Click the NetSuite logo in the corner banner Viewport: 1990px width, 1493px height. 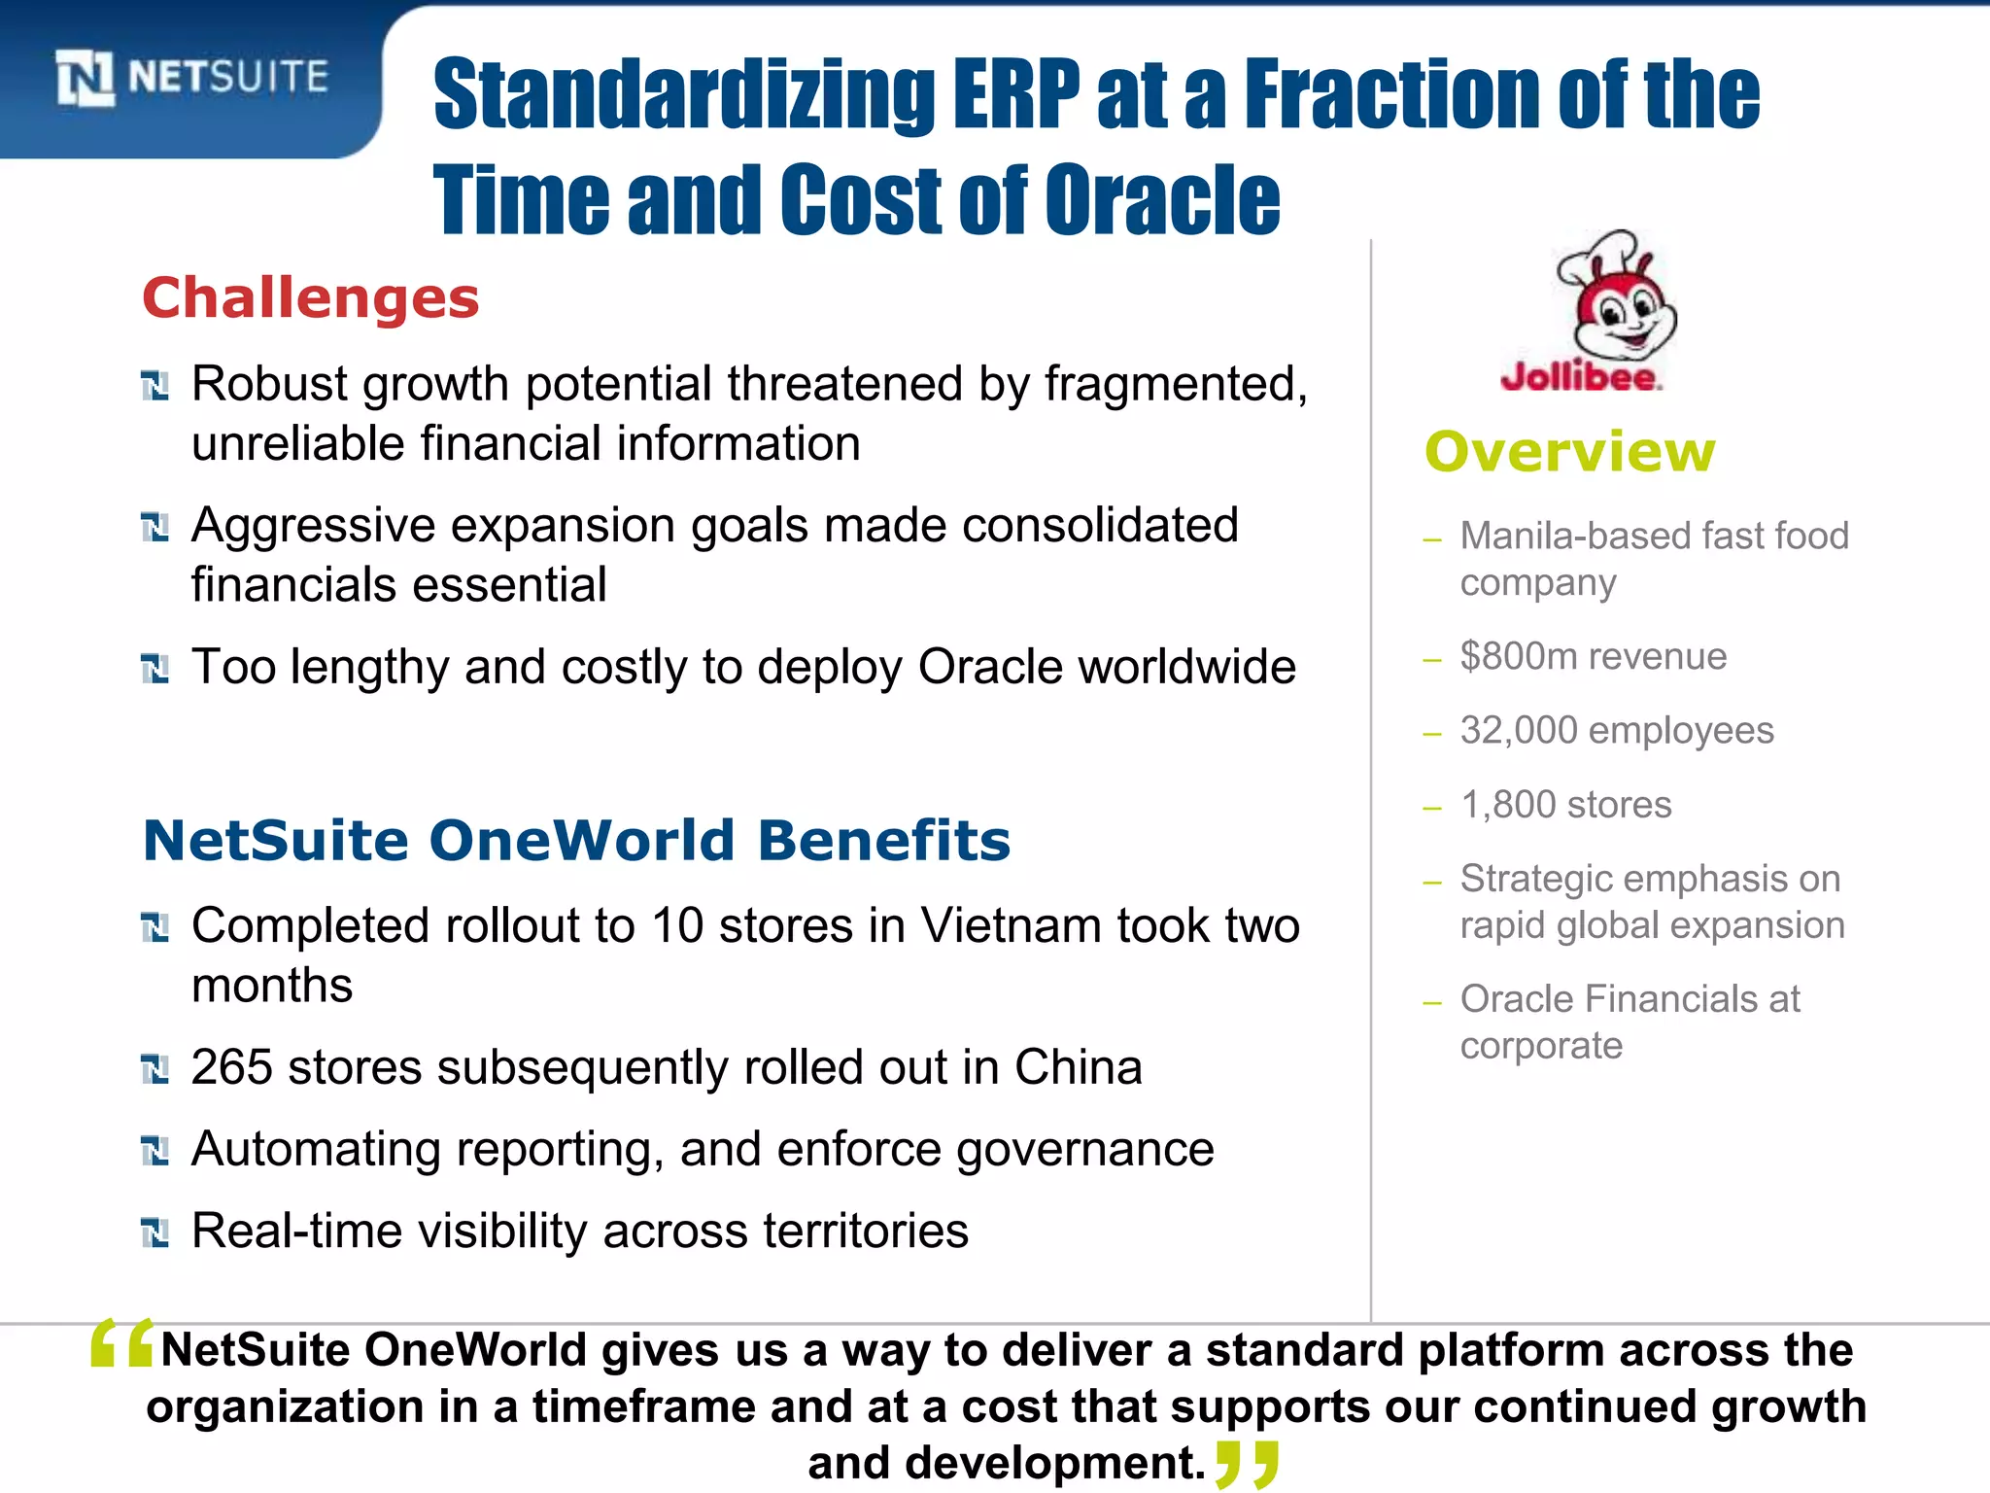191,78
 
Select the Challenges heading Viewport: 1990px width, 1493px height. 311,297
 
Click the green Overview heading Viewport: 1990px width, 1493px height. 1570,452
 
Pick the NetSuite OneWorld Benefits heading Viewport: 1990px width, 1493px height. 576,840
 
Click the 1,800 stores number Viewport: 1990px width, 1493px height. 1507,805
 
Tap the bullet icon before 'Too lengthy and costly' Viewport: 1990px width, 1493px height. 155,668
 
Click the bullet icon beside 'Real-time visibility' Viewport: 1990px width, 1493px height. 155,1233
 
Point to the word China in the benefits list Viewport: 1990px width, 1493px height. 1078,1067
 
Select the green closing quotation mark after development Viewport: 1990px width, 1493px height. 1247,1464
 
